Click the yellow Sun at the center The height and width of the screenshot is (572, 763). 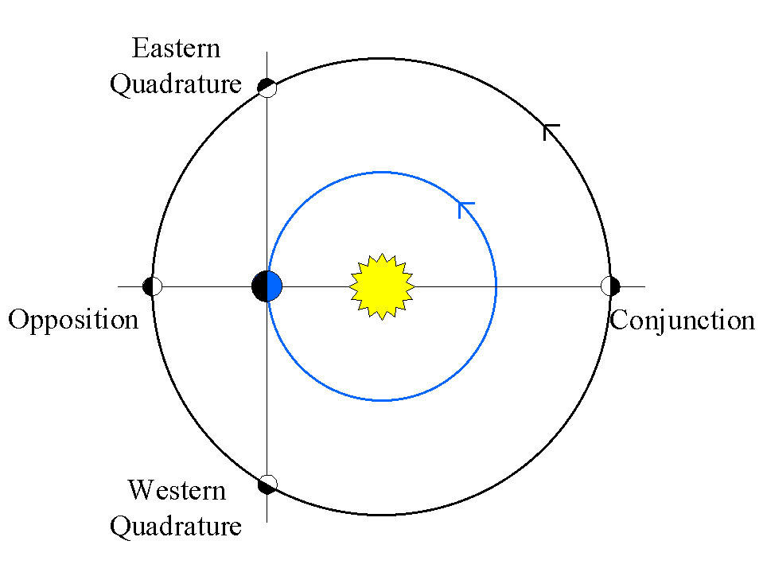pyautogui.click(x=382, y=286)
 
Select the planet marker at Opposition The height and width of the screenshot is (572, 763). pyautogui.click(x=152, y=286)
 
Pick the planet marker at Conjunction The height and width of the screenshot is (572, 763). pyautogui.click(x=610, y=286)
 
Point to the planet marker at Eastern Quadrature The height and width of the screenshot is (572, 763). pyautogui.click(x=267, y=87)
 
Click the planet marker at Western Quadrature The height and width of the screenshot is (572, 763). pyautogui.click(x=267, y=484)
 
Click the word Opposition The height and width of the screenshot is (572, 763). pyautogui.click(x=73, y=321)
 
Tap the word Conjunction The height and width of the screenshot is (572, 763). pyautogui.click(x=682, y=321)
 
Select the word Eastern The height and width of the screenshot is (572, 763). pyautogui.click(x=176, y=49)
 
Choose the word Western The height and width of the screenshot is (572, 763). pyautogui.click(x=177, y=490)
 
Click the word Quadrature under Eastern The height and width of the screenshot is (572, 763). pyautogui.click(x=176, y=84)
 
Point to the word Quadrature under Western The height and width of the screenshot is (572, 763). pyautogui.click(x=176, y=526)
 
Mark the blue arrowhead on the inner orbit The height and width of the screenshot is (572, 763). pyautogui.click(x=465, y=208)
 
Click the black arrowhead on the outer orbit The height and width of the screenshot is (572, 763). pyautogui.click(x=549, y=130)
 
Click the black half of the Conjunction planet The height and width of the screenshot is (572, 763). pyautogui.click(x=615, y=286)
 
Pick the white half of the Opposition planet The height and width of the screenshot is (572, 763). pyautogui.click(x=157, y=286)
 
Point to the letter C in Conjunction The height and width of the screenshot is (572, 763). pyautogui.click(x=618, y=321)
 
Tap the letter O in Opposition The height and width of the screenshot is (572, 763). pyautogui.click(x=17, y=321)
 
